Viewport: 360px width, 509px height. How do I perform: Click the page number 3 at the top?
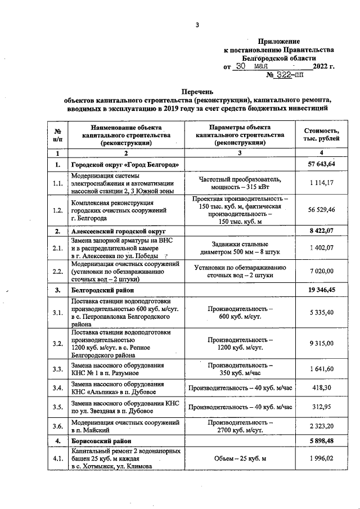point(197,24)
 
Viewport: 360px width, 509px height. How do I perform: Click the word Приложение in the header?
point(279,42)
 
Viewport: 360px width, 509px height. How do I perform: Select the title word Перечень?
point(197,91)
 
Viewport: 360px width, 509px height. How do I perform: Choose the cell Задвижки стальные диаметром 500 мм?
point(240,248)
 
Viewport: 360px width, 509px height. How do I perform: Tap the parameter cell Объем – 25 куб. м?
point(240,460)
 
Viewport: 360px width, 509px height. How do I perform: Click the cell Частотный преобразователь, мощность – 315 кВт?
point(240,183)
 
